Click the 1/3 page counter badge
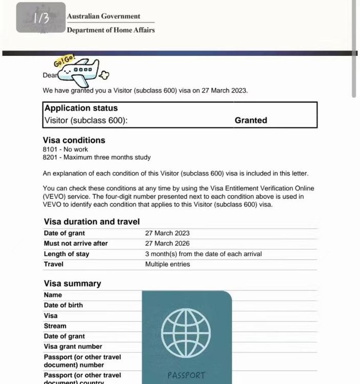coord(40,17)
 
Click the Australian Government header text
coord(103,16)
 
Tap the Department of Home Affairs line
coord(111,30)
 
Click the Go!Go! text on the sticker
coord(65,62)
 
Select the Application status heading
coord(81,108)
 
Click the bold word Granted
coord(250,121)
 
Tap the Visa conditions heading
coord(74,140)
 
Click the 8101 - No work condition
coord(65,150)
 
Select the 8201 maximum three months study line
coord(96,157)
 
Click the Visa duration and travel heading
coord(92,222)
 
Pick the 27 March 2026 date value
coord(167,243)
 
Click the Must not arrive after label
coord(76,243)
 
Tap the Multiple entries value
coord(167,264)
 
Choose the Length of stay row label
coord(67,254)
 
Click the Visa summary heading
coord(72,284)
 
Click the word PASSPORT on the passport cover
coord(186,375)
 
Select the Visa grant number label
coord(73,347)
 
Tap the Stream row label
coord(55,326)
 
